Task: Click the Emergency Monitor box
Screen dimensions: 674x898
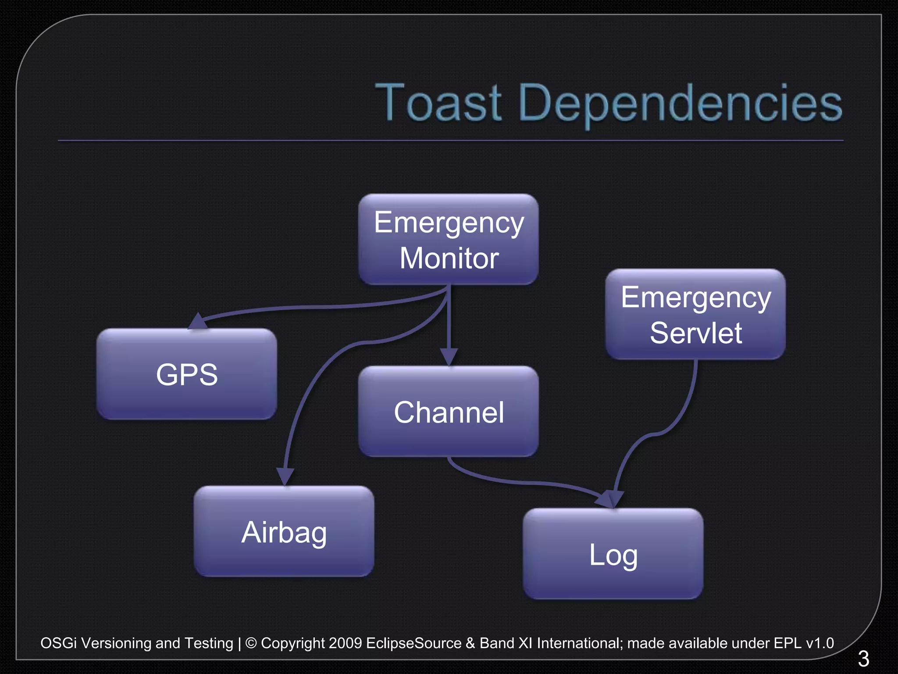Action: pos(448,240)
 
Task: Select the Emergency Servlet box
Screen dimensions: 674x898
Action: pos(695,314)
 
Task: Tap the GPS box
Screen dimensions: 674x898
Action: pos(187,374)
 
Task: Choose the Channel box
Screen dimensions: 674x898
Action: pos(448,412)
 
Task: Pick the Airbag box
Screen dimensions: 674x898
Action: pos(284,531)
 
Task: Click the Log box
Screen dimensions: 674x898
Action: pos(613,554)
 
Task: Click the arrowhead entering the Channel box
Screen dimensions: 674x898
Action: pos(449,356)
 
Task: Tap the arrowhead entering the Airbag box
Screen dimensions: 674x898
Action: pos(285,477)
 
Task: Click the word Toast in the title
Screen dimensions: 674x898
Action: pos(438,103)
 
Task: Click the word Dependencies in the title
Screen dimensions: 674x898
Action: pos(680,104)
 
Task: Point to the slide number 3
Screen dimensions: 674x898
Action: pos(863,658)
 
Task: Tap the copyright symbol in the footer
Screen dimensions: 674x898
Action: pos(251,643)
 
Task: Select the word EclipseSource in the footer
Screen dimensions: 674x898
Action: pos(413,643)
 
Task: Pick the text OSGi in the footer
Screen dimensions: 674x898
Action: pos(58,643)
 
